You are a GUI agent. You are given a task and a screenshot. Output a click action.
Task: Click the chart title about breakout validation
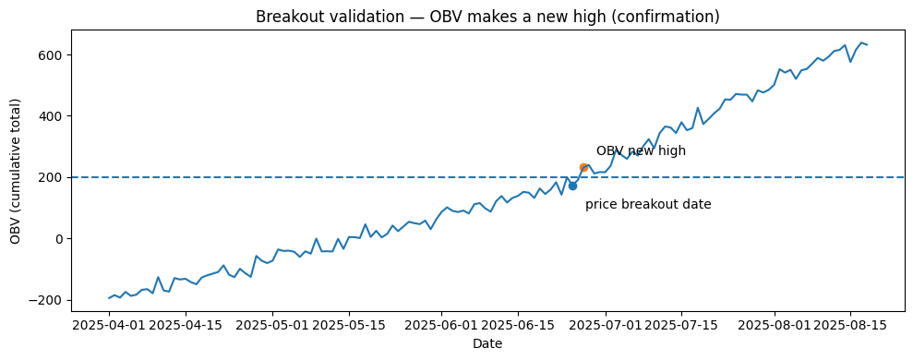pyautogui.click(x=487, y=17)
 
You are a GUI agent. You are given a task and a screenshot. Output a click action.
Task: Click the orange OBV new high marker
pyautogui.click(x=583, y=168)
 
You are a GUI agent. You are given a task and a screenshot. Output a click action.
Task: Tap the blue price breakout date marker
pyautogui.click(x=572, y=186)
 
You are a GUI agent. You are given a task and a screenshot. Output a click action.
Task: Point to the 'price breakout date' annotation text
pyautogui.click(x=648, y=205)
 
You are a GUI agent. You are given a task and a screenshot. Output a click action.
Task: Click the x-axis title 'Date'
pyautogui.click(x=487, y=344)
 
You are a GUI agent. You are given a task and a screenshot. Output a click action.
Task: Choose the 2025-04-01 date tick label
pyautogui.click(x=109, y=326)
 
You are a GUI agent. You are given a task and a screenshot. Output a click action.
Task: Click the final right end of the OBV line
pyautogui.click(x=867, y=45)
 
